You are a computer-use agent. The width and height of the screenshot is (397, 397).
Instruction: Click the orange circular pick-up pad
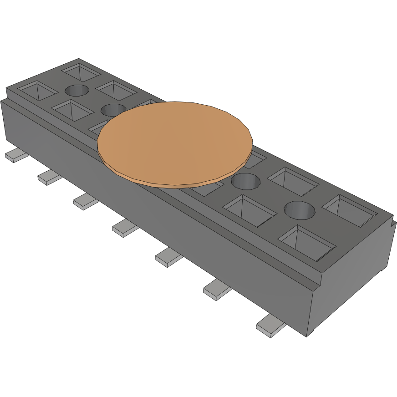pyautogui.click(x=174, y=143)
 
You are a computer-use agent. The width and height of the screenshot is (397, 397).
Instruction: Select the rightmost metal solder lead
pyautogui.click(x=271, y=326)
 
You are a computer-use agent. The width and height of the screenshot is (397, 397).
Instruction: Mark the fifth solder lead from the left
pyautogui.click(x=168, y=258)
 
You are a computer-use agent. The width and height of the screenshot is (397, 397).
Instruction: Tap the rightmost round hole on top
pyautogui.click(x=300, y=210)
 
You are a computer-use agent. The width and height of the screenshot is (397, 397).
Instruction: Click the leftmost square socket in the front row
pyautogui.click(x=38, y=91)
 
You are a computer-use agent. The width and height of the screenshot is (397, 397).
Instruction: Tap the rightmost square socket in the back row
pyautogui.click(x=349, y=210)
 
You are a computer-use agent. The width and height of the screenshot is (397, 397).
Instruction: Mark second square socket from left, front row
pyautogui.click(x=72, y=110)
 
